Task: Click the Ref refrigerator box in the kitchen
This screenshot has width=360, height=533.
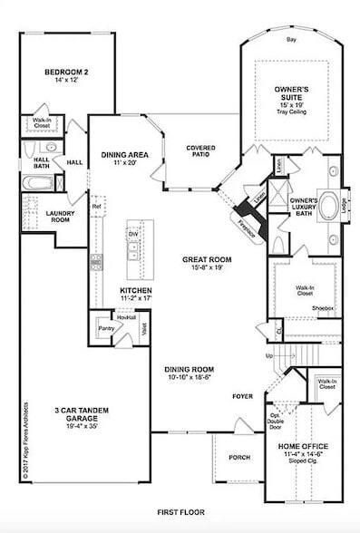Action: [94, 207]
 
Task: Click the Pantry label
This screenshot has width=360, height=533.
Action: [105, 329]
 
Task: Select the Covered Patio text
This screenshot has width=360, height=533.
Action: [199, 150]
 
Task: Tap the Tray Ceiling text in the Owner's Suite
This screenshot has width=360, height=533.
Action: [292, 114]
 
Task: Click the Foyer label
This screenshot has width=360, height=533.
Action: [242, 395]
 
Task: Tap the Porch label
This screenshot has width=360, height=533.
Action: [239, 457]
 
